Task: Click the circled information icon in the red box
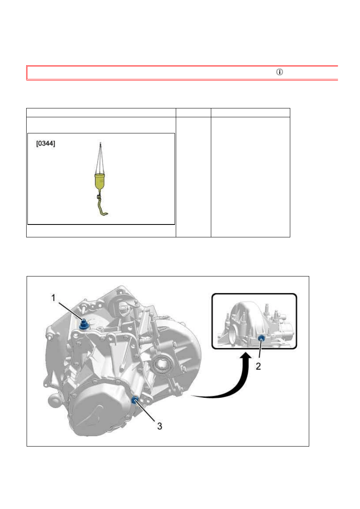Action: click(279, 72)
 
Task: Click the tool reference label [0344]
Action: click(46, 143)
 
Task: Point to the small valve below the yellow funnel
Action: click(99, 196)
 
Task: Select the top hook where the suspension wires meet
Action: click(100, 143)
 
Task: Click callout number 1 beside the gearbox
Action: click(54, 298)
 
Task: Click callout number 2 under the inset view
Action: click(258, 366)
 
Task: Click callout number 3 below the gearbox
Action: click(160, 426)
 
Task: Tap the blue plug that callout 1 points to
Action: click(83, 324)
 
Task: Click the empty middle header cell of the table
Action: click(193, 113)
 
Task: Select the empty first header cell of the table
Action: click(101, 113)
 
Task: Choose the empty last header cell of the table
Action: click(250, 113)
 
